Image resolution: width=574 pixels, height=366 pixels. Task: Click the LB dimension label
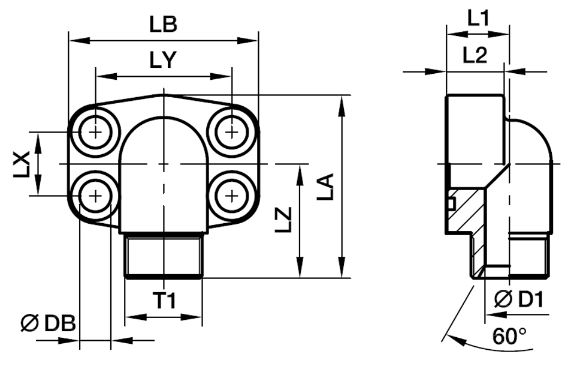pos(163,25)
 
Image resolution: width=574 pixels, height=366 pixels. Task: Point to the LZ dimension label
pos(285,220)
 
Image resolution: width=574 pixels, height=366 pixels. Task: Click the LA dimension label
pos(326,187)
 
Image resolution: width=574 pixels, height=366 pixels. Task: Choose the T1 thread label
pos(164,301)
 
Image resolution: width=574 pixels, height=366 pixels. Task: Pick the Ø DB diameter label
pos(48,323)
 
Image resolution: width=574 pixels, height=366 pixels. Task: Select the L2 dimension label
pos(475,55)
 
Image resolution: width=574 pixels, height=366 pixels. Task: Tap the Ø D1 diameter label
pos(519,299)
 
